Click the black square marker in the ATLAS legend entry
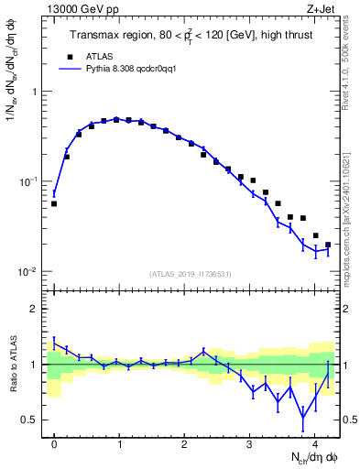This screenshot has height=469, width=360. (70, 56)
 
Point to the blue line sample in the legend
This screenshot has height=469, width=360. (70, 69)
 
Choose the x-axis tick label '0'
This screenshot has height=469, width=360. (54, 443)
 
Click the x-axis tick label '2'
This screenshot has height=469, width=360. (184, 443)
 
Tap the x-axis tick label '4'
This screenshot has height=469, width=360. (314, 443)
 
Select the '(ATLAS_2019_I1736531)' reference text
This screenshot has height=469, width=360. (191, 274)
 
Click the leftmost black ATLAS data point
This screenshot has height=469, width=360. (54, 203)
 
